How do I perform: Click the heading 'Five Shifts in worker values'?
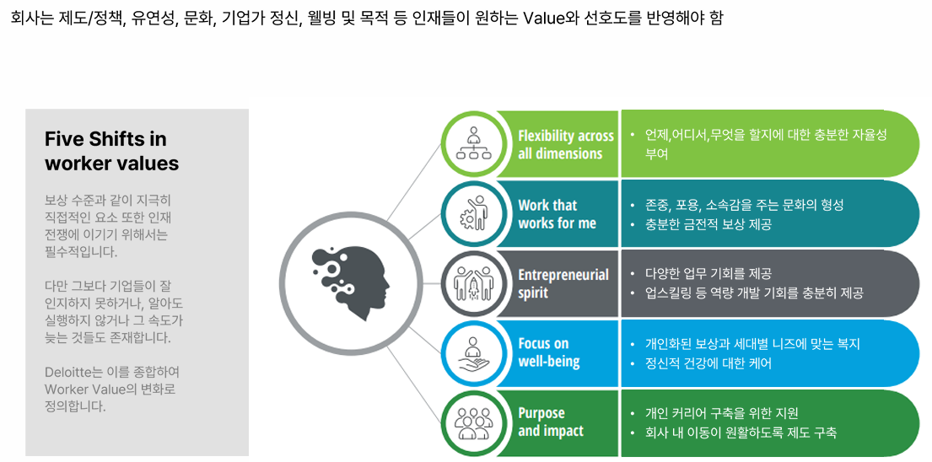[111, 151]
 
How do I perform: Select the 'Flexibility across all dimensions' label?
[566, 145]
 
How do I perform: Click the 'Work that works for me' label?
[557, 214]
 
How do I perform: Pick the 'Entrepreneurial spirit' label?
[563, 284]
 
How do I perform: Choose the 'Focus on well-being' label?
[549, 352]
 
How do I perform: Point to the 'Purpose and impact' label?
[551, 422]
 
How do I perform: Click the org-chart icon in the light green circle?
[472, 143]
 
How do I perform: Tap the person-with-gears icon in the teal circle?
[472, 213]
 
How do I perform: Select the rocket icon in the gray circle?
[472, 283]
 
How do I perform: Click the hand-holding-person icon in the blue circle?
[472, 353]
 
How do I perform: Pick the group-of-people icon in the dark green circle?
[472, 422]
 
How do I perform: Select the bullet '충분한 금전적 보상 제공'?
[708, 225]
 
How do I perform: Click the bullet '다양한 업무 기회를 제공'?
[708, 274]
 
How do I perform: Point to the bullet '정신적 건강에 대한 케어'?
[708, 363]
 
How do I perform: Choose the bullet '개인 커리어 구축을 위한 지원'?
[721, 413]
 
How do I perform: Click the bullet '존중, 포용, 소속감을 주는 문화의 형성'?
[744, 205]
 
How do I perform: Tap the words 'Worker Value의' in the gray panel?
[90, 389]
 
